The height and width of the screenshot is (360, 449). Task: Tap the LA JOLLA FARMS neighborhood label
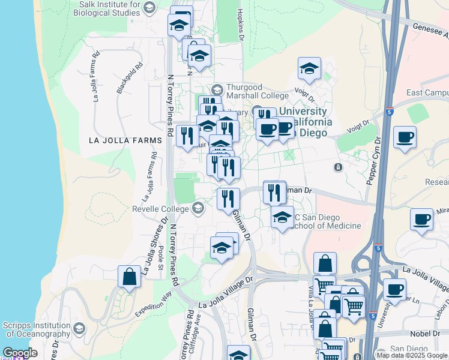tap(125, 140)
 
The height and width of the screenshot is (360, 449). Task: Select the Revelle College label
tap(161, 209)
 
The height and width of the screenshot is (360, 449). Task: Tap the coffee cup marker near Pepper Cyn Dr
tap(405, 137)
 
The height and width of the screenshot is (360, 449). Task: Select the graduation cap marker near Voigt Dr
tap(309, 68)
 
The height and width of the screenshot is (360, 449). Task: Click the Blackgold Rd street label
tap(130, 79)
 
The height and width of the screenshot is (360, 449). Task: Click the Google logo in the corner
tap(20, 353)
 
